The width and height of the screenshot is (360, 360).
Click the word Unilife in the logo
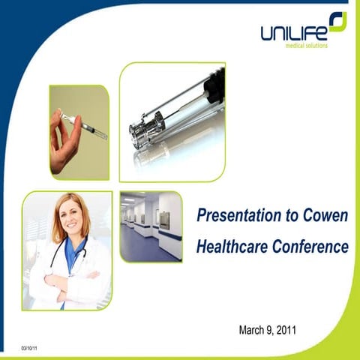292,32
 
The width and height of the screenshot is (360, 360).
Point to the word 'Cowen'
323,216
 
